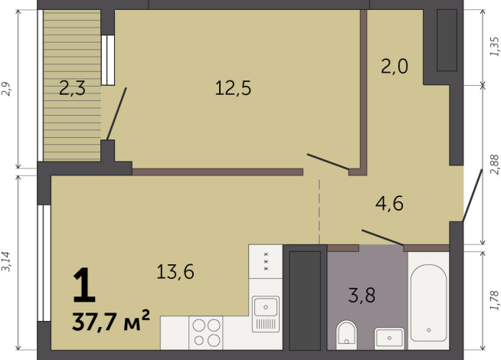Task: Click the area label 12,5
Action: tap(233, 88)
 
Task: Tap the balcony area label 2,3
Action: tap(72, 88)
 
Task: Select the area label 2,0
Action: tap(395, 67)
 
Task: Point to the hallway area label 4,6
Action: tap(389, 204)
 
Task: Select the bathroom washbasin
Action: tap(389, 336)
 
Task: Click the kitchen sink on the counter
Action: tap(266, 314)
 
